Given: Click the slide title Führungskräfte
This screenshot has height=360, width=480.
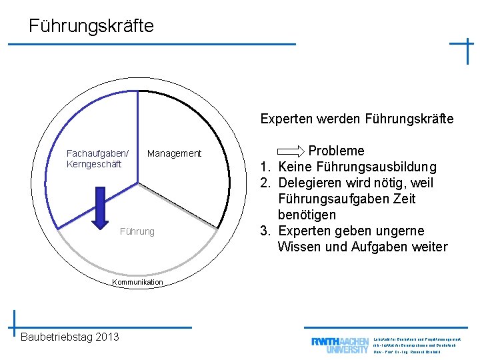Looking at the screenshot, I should tap(91, 26).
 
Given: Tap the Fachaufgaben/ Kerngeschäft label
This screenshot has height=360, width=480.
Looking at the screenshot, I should tap(97, 159).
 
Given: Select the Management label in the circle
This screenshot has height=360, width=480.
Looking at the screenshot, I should tap(174, 154).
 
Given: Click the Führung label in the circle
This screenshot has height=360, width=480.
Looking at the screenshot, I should tap(137, 232).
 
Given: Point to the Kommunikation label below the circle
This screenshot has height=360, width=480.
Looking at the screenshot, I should tap(137, 283).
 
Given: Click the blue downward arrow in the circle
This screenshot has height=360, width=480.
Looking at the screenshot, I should tap(101, 207).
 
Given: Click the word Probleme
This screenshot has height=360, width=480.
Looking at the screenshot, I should tap(336, 151).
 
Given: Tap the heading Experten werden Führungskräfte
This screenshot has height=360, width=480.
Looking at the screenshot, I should tap(357, 119).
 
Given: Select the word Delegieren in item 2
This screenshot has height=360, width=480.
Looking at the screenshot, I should tap(310, 183).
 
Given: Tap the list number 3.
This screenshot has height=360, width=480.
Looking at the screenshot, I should tap(264, 231).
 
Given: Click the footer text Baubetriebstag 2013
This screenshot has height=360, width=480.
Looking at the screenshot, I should tap(70, 337).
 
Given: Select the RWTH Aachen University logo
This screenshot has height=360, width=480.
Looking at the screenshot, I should tap(339, 345).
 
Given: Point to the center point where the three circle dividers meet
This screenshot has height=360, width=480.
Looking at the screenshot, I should tap(139, 182).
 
